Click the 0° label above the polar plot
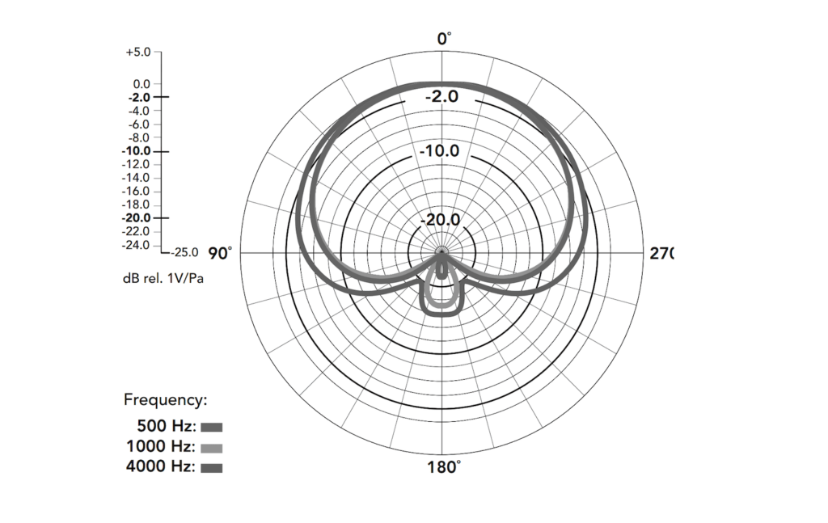[444, 39]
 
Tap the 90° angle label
[220, 254]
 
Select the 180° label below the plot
[444, 467]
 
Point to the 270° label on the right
[661, 253]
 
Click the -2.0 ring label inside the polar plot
[442, 96]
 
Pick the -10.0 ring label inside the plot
[440, 151]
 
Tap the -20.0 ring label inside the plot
[440, 220]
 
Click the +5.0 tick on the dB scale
[137, 53]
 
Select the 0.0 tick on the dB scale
[142, 84]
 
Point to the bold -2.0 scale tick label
[139, 98]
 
